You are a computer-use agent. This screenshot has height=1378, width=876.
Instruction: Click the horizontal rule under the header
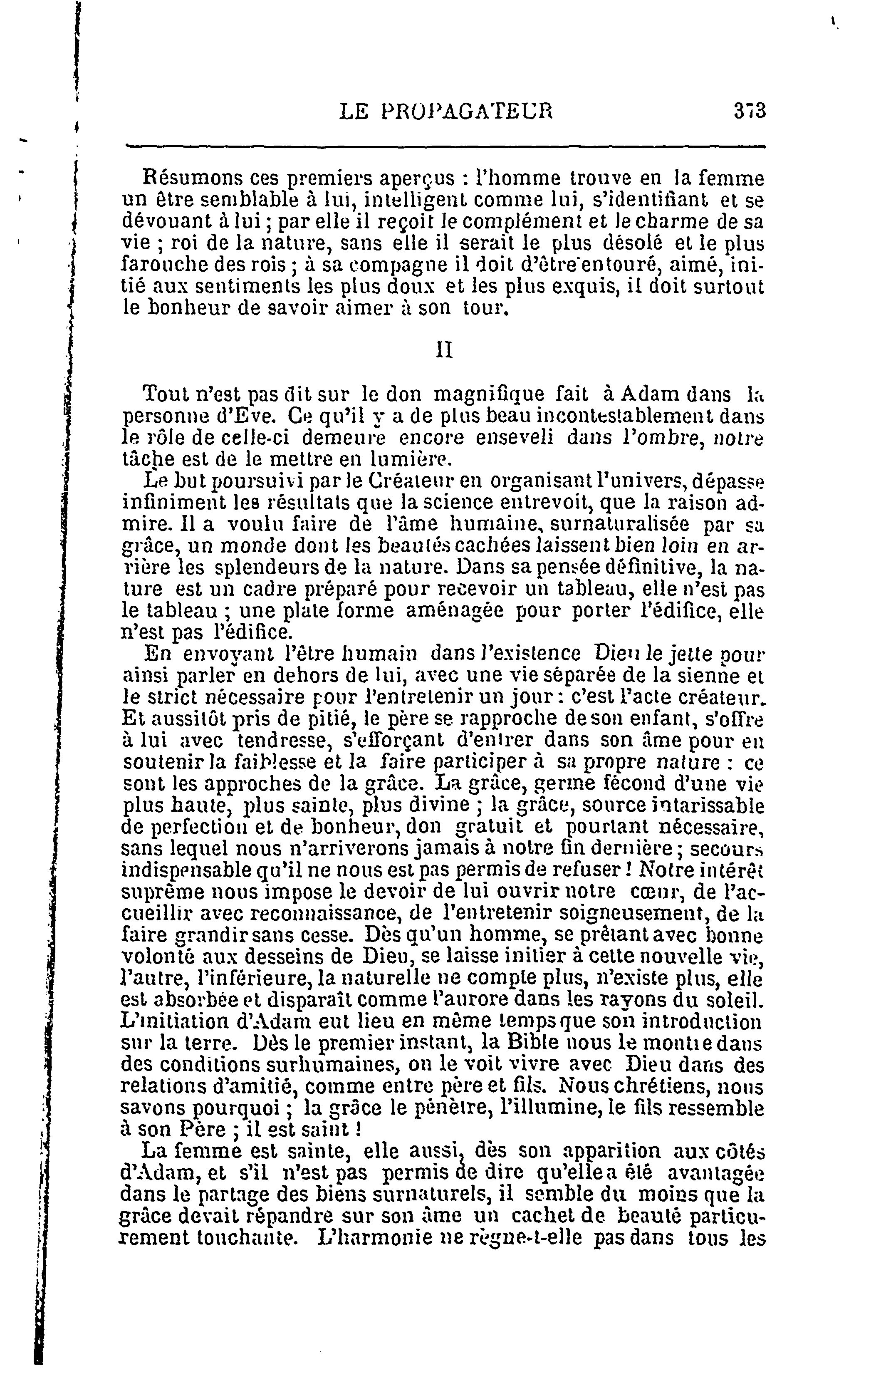[445, 146]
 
